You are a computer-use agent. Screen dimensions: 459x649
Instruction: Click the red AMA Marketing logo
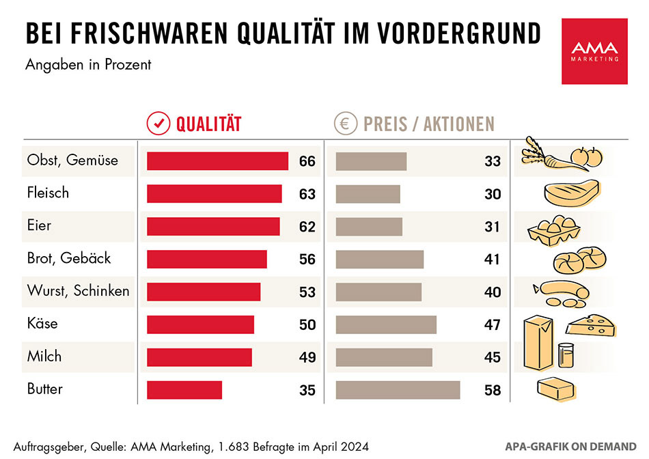(x=594, y=51)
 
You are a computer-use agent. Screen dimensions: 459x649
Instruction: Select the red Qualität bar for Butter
(x=184, y=390)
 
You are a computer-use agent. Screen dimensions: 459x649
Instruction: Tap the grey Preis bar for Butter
(x=398, y=390)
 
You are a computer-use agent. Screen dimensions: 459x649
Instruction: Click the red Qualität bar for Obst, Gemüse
(x=217, y=161)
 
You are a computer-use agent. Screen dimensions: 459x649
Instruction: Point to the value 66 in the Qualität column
(x=307, y=162)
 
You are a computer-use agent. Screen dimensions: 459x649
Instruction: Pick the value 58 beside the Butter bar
(x=493, y=391)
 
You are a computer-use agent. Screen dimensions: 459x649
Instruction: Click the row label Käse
(x=42, y=324)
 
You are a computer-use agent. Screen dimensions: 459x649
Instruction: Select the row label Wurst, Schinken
(x=78, y=291)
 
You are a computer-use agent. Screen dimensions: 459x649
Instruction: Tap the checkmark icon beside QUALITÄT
(x=158, y=124)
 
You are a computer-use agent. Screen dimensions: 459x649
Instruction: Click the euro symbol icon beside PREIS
(x=345, y=124)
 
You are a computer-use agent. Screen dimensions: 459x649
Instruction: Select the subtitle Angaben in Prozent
(x=88, y=66)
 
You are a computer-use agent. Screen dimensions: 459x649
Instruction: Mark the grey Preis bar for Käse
(x=386, y=324)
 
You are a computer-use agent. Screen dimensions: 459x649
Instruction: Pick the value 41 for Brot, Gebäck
(x=493, y=260)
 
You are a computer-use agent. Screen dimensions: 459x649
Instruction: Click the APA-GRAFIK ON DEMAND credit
(x=571, y=446)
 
